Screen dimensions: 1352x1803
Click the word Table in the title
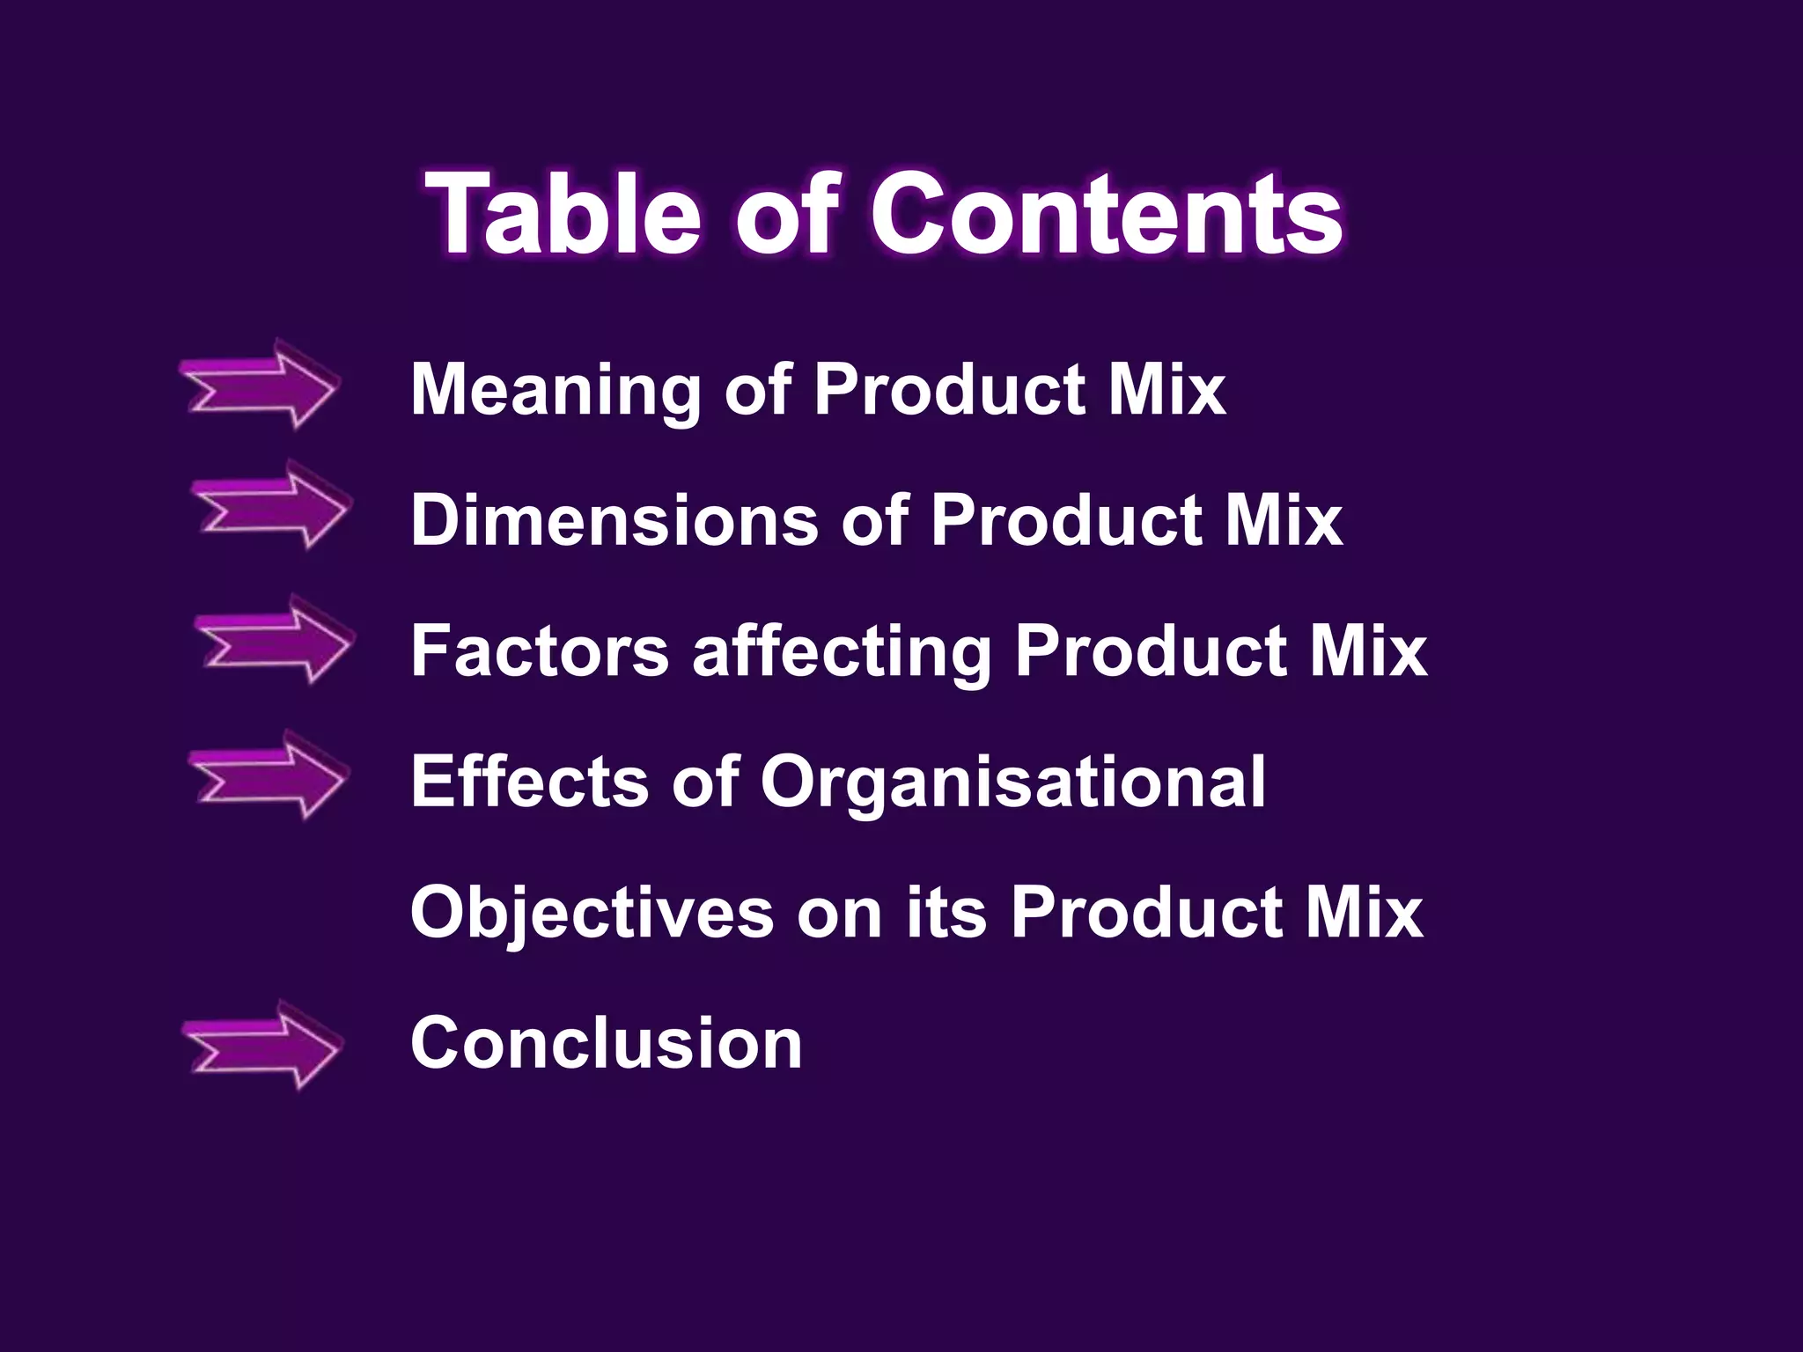(x=563, y=214)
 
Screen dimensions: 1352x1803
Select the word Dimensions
(x=614, y=519)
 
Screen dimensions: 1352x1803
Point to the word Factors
(x=540, y=650)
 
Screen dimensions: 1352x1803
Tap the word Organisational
(x=1013, y=783)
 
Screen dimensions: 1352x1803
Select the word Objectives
(x=592, y=913)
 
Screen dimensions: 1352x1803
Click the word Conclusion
(x=606, y=1043)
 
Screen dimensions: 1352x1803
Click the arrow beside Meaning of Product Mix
(x=261, y=385)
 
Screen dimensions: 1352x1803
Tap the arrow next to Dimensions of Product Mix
(x=272, y=505)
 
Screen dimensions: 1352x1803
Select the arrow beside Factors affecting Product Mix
(x=274, y=640)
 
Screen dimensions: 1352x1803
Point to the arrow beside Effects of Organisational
(x=269, y=775)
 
